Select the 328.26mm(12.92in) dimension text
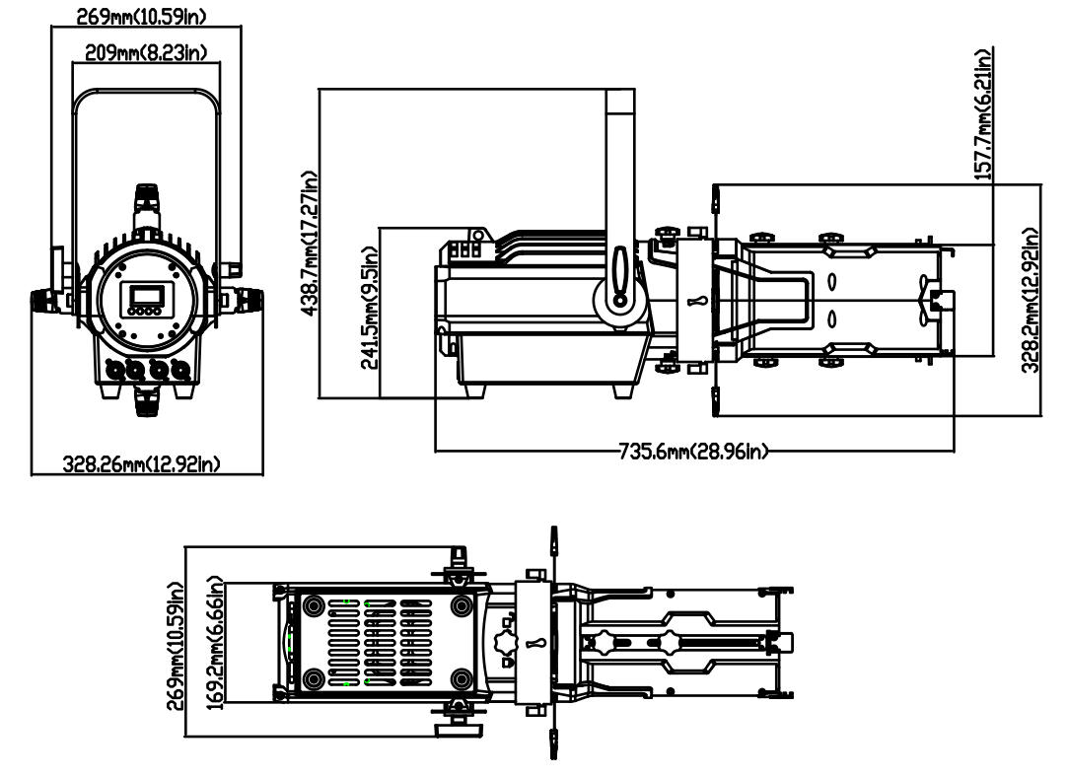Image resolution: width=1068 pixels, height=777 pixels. (141, 463)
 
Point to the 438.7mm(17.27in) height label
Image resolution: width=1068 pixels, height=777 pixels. (312, 243)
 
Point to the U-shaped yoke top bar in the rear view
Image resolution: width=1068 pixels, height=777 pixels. (145, 94)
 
